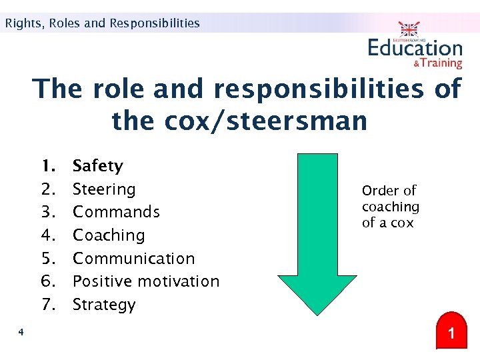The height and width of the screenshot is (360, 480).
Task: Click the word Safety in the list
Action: point(97,166)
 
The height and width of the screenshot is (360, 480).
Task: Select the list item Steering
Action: point(103,189)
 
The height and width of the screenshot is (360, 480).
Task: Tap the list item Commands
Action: point(116,212)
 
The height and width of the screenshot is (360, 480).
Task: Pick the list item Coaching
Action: point(108,235)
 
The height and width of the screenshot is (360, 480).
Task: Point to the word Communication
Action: point(133,259)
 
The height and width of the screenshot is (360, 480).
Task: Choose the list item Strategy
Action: point(103,305)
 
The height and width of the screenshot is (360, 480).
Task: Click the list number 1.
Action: point(47,166)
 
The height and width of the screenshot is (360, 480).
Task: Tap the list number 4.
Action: point(47,235)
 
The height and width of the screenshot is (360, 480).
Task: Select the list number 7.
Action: point(47,305)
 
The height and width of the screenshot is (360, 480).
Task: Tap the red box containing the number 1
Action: point(451,332)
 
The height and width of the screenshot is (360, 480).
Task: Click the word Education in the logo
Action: point(415,48)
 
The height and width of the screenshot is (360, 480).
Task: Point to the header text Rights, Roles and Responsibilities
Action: point(102,23)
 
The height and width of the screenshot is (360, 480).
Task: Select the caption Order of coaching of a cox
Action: point(391,207)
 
